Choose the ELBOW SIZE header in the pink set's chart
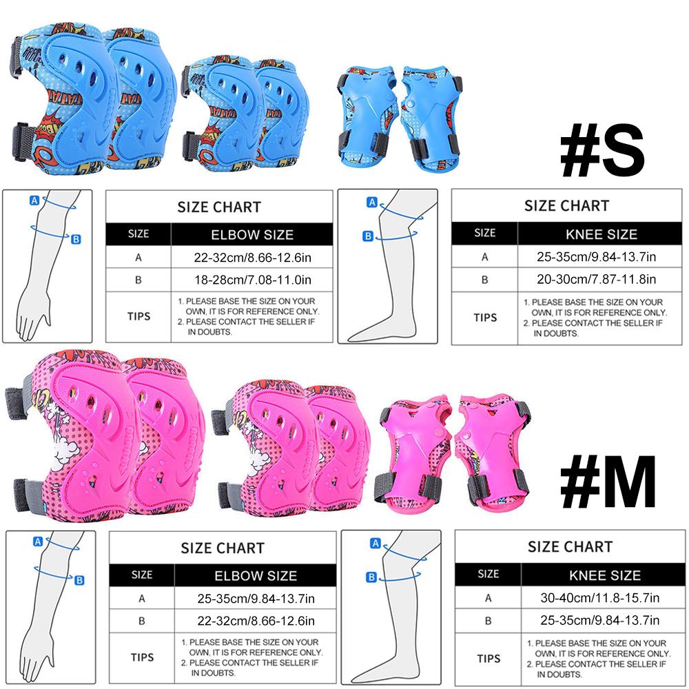click(256, 575)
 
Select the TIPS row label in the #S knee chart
click(485, 317)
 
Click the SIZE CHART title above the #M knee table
click(570, 547)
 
